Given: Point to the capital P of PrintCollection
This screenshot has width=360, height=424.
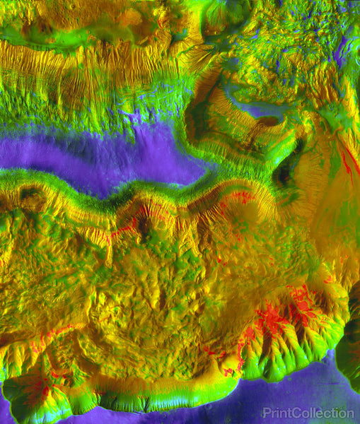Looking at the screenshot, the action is tap(266, 413).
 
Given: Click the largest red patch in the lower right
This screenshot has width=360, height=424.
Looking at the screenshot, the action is tap(272, 322).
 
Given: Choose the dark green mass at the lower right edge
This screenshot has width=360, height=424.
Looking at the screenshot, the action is tap(349, 353).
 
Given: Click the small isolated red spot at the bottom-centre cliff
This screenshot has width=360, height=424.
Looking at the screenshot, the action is tap(228, 372).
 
